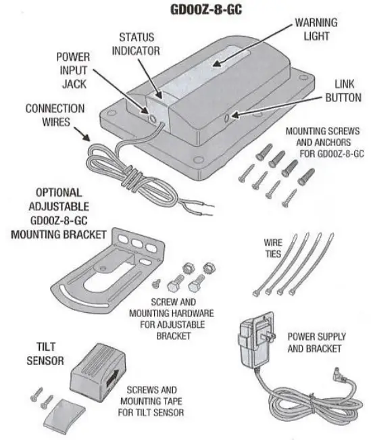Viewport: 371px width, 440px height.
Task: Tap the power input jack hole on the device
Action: pos(154,117)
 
